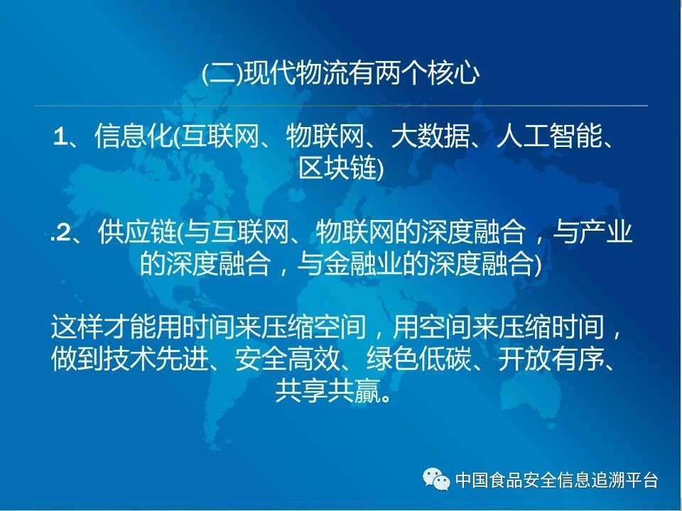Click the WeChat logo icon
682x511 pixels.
(x=436, y=479)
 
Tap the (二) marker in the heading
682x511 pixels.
(x=222, y=73)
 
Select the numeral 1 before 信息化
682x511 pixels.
(x=59, y=137)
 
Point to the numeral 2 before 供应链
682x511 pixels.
(x=63, y=233)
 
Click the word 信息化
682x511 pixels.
(x=133, y=136)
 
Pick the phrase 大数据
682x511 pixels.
(x=430, y=136)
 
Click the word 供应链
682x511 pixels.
(x=136, y=233)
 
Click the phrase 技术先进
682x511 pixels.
(x=156, y=359)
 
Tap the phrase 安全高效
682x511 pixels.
(x=287, y=359)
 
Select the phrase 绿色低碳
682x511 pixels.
(x=419, y=359)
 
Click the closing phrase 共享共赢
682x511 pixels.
(x=328, y=390)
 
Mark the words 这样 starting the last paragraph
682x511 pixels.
(x=77, y=327)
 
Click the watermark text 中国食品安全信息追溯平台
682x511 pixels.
(x=557, y=480)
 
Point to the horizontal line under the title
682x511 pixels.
(x=341, y=106)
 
